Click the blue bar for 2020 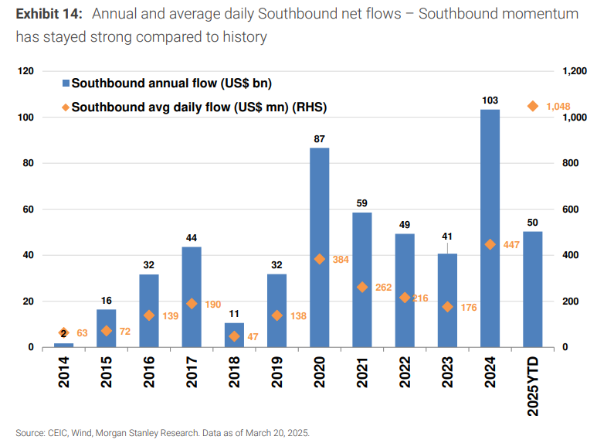click(319, 247)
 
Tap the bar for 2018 click(234, 335)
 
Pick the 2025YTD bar click(532, 289)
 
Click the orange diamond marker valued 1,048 click(532, 106)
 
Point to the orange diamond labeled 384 click(319, 259)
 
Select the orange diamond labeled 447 click(490, 244)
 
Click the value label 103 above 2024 click(490, 101)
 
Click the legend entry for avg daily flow click(193, 107)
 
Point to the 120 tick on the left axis click(27, 71)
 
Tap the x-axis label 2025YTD click(532, 387)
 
